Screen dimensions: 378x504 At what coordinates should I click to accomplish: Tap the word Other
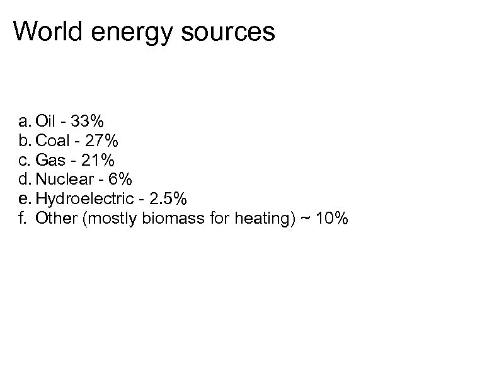[x=54, y=219]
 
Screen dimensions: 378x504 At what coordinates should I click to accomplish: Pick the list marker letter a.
[x=23, y=121]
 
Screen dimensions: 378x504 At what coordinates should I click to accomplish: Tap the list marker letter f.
[x=23, y=219]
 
